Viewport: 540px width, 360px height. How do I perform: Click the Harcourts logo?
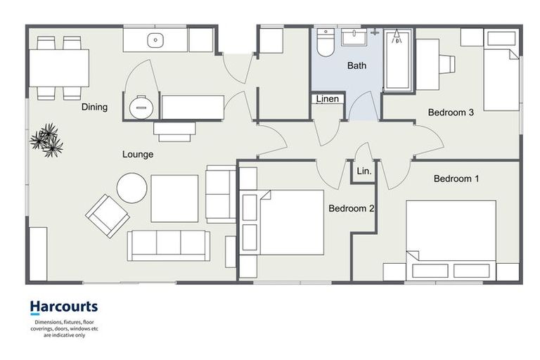63,307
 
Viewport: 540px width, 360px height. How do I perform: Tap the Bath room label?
356,66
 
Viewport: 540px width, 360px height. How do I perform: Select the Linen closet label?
328,99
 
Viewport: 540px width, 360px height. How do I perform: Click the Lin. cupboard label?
364,171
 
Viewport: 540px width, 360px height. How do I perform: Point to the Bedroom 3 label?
451,112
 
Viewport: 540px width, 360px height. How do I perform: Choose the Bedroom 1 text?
456,179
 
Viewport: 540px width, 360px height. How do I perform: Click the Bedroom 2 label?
352,209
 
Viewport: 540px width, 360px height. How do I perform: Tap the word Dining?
94,107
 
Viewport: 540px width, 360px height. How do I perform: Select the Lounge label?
137,154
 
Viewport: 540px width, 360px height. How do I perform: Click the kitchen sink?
155,40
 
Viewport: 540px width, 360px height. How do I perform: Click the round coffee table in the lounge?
131,188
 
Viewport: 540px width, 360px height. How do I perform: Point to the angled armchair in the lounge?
107,215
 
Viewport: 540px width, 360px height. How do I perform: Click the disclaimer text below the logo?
63,328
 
